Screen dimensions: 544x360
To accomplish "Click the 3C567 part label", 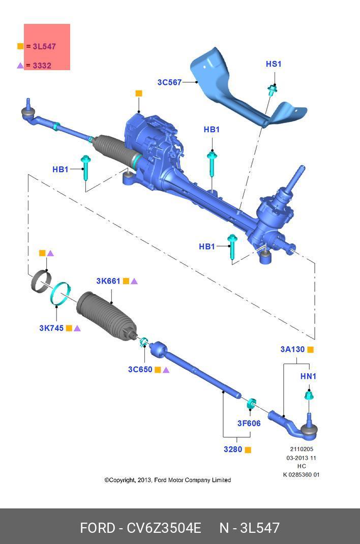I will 169,82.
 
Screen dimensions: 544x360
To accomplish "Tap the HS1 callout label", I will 273,64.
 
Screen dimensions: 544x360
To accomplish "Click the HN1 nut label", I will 308,376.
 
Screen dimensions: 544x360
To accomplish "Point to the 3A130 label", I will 292,349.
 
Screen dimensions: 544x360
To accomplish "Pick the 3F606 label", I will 249,423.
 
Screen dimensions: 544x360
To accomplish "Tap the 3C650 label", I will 140,370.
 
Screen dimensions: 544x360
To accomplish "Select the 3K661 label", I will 108,281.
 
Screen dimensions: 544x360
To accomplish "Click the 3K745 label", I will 51,328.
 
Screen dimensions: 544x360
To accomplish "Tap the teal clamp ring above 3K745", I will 60,294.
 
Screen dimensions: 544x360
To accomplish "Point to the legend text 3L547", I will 44,46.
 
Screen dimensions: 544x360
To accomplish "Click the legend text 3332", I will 42,66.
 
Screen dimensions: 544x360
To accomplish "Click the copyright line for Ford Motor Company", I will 167,480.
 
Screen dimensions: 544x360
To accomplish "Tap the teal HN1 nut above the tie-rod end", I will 308,395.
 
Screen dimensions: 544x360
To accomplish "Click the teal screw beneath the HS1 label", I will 273,90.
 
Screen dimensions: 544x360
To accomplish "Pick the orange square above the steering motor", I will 139,94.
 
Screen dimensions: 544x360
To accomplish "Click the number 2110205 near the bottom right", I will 302,449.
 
